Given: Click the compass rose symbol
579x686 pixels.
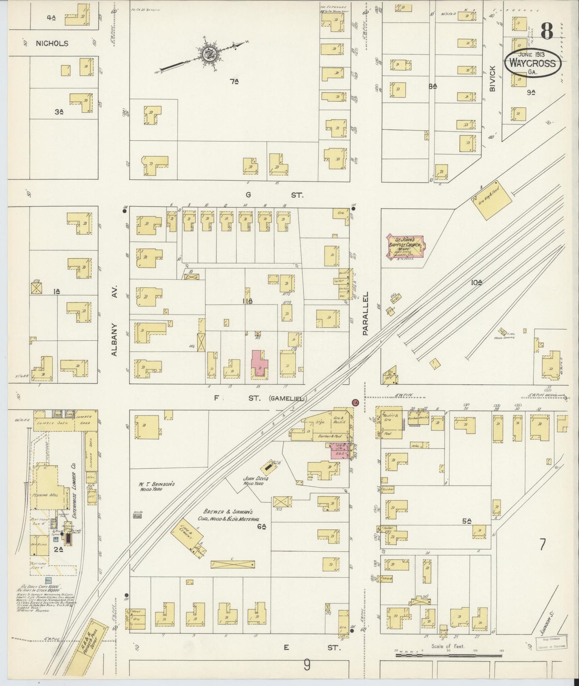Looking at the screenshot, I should click(208, 55).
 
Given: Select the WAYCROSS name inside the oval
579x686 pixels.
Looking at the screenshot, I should click(533, 64).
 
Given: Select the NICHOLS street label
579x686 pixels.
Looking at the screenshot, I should click(52, 43).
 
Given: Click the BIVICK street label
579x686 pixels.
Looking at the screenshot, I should click(492, 78).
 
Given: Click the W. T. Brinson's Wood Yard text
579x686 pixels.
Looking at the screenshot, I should click(151, 486).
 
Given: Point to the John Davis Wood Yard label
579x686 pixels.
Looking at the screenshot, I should click(255, 481).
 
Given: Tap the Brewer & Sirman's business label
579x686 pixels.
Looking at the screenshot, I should click(228, 515).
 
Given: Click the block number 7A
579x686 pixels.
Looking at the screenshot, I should click(234, 82).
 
